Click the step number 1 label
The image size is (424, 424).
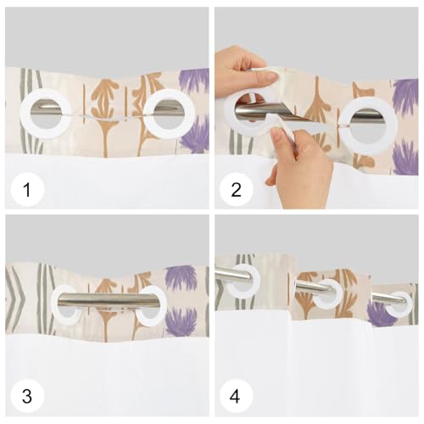tap(27, 189)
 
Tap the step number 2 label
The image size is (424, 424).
tap(236, 189)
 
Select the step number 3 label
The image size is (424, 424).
tap(27, 396)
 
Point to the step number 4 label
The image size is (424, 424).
tap(235, 396)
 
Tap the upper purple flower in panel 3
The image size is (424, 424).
tap(181, 278)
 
